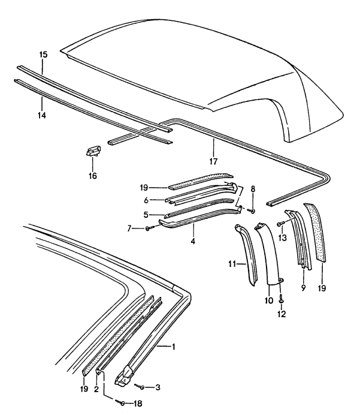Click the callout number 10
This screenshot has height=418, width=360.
268,298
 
